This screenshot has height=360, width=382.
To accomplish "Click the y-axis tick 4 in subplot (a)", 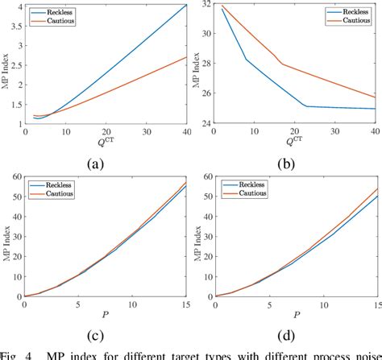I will pyautogui.click(x=17, y=6).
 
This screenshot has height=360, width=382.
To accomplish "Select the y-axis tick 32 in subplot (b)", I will pyautogui.click(x=206, y=6).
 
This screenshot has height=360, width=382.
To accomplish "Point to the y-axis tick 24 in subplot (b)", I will pyautogui.click(x=206, y=124).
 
